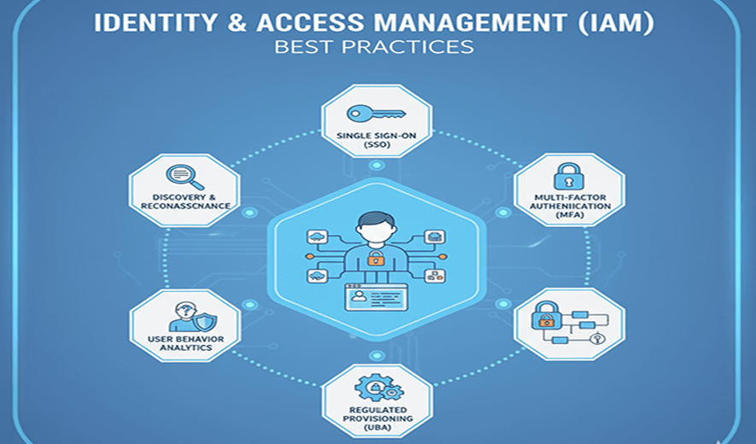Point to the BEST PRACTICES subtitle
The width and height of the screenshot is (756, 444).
coord(374,46)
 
